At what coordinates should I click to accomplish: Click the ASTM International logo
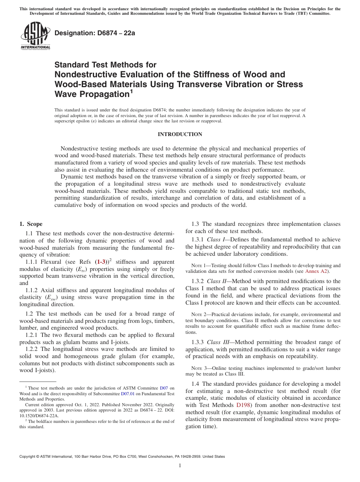(x=35, y=36)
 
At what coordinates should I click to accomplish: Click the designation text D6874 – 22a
(x=95, y=33)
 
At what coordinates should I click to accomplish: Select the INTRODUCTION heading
(x=180, y=134)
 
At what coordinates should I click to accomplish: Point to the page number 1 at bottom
(x=180, y=466)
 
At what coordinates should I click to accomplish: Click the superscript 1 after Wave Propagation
(x=131, y=91)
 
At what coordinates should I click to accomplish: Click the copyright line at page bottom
(x=122, y=457)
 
